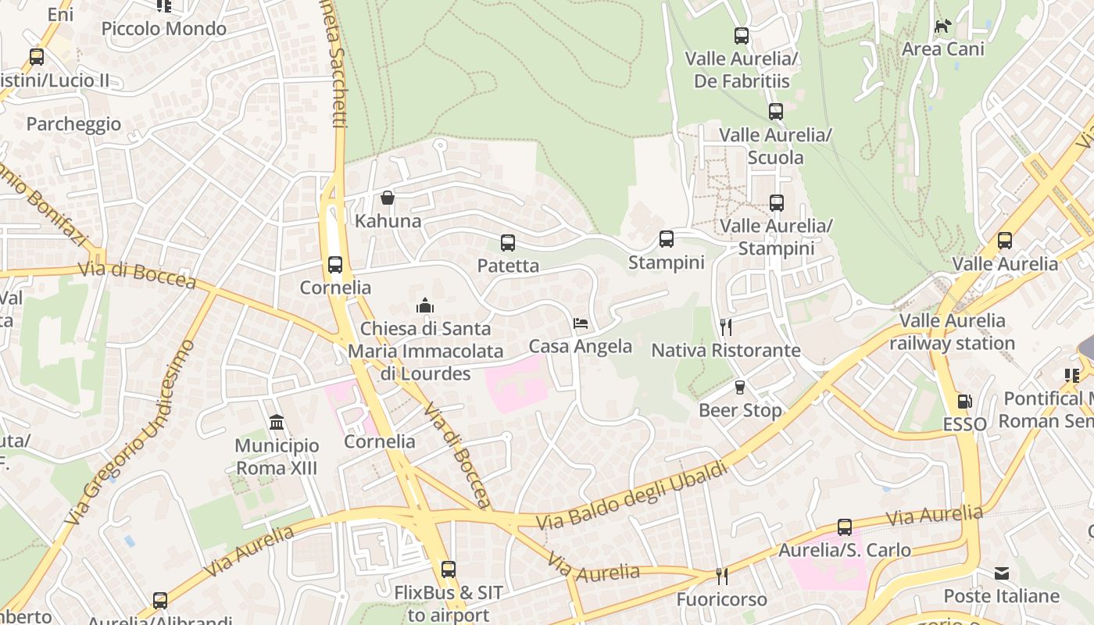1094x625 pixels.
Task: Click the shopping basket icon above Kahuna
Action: pos(387,198)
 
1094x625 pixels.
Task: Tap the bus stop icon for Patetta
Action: pos(508,243)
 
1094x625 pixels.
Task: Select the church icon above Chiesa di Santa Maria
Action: pos(425,305)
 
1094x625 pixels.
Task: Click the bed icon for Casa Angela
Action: pos(580,323)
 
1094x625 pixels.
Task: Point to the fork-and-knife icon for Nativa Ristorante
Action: pos(726,327)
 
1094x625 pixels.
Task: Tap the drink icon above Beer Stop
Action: pos(740,387)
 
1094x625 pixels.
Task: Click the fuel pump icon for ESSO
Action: pos(964,402)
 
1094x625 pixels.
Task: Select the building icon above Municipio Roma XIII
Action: pos(277,423)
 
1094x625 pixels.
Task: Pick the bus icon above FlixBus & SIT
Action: pos(448,570)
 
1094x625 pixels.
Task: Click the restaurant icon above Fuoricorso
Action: pos(722,577)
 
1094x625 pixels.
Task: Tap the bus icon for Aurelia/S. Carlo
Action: pos(845,527)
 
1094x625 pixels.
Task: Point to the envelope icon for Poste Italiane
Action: pos(1002,574)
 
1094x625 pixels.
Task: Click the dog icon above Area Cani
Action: pos(943,26)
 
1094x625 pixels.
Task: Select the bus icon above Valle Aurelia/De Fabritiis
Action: pos(742,36)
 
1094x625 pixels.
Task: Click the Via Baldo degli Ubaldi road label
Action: pos(632,496)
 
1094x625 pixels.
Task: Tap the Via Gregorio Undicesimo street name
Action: pos(129,432)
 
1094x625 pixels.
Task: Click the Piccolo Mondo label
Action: pos(164,29)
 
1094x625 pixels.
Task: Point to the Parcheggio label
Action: pos(73,124)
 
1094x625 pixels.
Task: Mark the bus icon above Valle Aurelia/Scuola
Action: pos(775,112)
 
